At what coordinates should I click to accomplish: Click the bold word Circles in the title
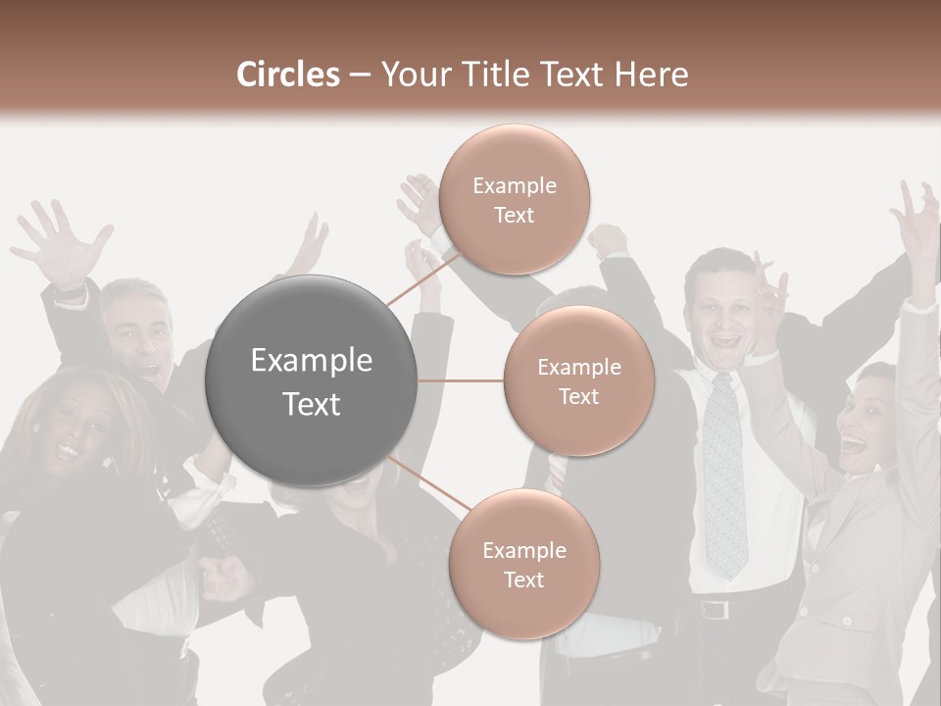(x=288, y=75)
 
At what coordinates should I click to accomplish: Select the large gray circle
(x=311, y=380)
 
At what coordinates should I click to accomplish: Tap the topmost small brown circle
(x=514, y=200)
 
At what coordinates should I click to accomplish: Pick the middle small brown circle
(x=578, y=380)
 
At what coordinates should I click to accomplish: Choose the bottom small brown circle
(x=523, y=564)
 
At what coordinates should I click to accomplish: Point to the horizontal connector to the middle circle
(x=461, y=380)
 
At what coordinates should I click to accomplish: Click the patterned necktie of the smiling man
(x=724, y=471)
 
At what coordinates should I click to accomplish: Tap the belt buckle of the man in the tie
(x=714, y=610)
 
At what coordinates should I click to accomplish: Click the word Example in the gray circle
(x=311, y=361)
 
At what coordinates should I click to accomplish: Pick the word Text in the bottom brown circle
(x=523, y=580)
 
